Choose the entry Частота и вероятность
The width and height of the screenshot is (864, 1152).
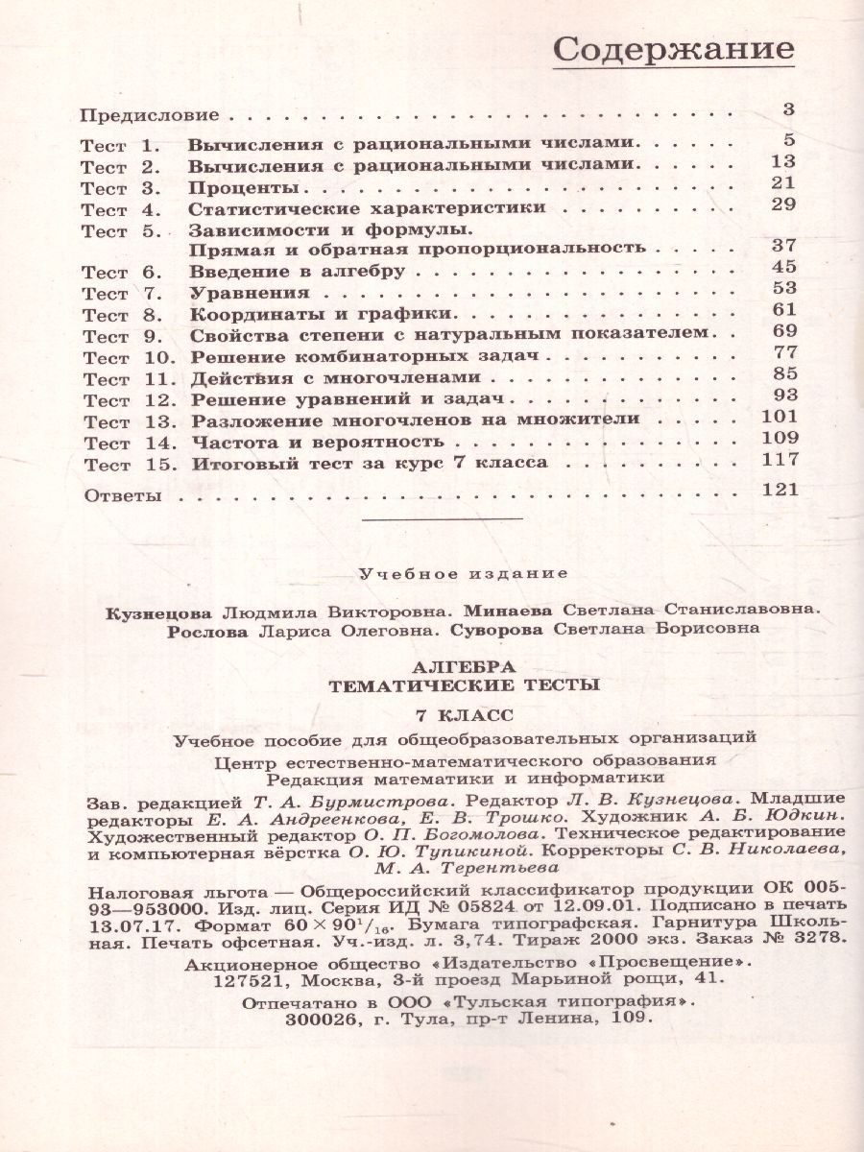[317, 442]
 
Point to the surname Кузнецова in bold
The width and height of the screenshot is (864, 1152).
[167, 611]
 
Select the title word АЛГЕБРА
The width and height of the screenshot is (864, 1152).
[463, 666]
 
